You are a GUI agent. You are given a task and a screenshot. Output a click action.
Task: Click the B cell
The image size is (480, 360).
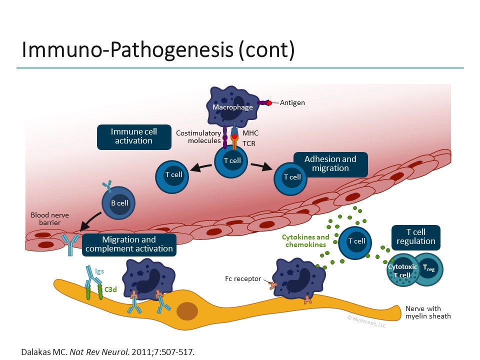click(118, 203)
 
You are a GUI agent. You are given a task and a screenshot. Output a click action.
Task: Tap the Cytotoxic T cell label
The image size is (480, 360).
click(402, 271)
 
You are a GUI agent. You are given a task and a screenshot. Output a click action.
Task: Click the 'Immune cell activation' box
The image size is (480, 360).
click(134, 137)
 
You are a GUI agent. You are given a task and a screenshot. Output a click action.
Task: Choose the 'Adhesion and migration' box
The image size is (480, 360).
click(330, 164)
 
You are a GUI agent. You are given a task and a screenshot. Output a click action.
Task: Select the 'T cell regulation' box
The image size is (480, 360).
click(416, 237)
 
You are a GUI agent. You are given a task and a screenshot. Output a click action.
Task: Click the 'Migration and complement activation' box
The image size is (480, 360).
click(129, 244)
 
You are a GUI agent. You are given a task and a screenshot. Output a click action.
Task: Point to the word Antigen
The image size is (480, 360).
click(292, 103)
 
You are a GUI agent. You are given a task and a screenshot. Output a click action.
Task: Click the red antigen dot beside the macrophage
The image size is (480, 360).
click(269, 103)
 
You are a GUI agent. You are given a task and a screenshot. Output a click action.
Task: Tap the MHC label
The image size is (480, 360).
click(250, 133)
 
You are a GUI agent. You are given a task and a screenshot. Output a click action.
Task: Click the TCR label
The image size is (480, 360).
click(249, 143)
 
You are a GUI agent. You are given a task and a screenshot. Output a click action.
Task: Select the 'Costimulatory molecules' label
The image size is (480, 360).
click(198, 137)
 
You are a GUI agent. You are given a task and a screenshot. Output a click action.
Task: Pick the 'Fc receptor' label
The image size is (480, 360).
click(243, 279)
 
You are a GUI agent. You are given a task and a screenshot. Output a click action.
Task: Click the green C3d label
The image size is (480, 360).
click(110, 289)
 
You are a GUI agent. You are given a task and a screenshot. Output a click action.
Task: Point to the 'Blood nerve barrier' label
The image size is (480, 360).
click(50, 218)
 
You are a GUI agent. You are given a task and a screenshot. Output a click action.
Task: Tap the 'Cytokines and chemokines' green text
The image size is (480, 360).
click(305, 241)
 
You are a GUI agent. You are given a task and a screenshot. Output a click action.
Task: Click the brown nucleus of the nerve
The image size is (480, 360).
click(187, 311)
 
